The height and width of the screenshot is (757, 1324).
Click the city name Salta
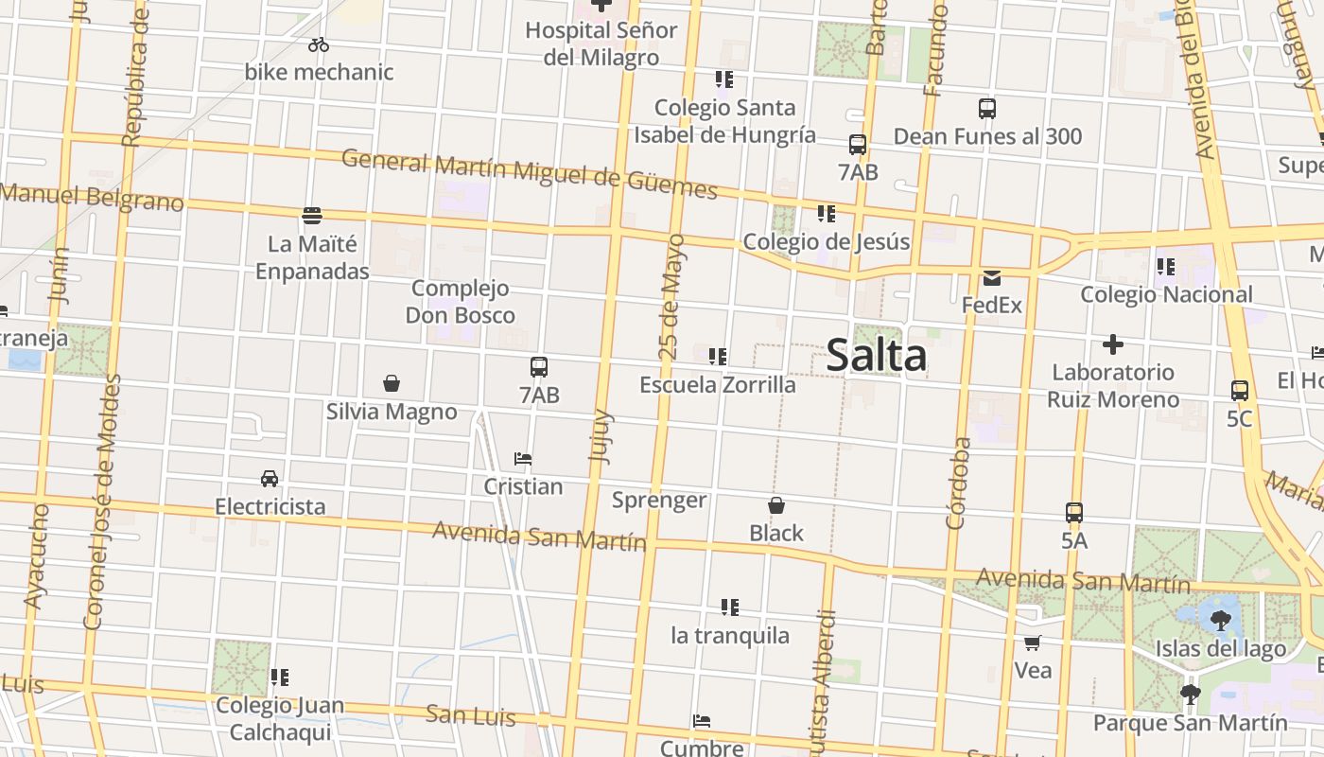(877, 357)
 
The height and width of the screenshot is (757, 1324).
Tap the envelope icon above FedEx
(992, 278)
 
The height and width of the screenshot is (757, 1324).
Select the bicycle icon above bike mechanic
(319, 44)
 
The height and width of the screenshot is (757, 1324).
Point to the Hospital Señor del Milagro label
(601, 44)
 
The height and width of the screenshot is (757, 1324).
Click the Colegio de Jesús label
(827, 241)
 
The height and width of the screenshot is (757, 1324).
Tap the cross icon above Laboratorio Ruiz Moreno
(1113, 344)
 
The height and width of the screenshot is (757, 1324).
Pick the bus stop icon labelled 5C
(1240, 390)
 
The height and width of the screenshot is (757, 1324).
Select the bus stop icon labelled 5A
(1074, 513)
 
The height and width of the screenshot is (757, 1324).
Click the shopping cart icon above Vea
(1033, 643)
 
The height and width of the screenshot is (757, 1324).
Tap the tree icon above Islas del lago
(1221, 621)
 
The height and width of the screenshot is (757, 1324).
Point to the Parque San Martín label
(1190, 723)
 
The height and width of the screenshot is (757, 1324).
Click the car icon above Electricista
(270, 479)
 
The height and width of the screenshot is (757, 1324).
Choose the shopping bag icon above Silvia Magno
(392, 383)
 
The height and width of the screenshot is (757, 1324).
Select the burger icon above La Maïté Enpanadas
(312, 216)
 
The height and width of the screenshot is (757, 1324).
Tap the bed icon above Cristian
(523, 459)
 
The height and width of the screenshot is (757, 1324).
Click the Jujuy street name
(601, 436)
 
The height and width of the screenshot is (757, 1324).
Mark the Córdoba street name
(958, 483)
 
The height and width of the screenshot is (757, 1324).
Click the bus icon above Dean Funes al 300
(987, 109)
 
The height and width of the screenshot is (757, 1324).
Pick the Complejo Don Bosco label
(461, 302)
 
